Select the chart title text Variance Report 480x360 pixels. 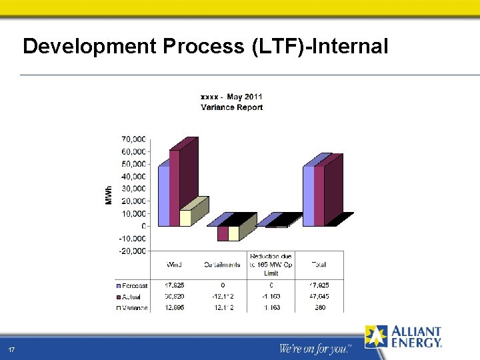(x=231, y=107)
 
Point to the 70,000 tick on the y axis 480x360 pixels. (x=133, y=139)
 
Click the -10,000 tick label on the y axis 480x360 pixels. (x=133, y=239)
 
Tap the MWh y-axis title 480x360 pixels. (x=109, y=194)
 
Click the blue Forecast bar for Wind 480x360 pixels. (x=163, y=195)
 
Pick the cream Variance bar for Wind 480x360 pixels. (x=185, y=217)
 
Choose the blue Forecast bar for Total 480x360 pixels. (x=308, y=195)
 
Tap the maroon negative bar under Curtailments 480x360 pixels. (x=223, y=233)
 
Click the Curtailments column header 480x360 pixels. (x=221, y=265)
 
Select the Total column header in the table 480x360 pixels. (x=319, y=265)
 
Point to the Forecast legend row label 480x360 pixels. (x=134, y=285)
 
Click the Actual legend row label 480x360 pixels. (x=132, y=296)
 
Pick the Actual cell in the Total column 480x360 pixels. (x=319, y=296)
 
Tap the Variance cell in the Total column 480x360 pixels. (x=319, y=307)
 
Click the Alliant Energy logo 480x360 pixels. (x=403, y=337)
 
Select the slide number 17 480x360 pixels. (x=11, y=351)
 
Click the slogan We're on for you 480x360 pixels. (x=313, y=349)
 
